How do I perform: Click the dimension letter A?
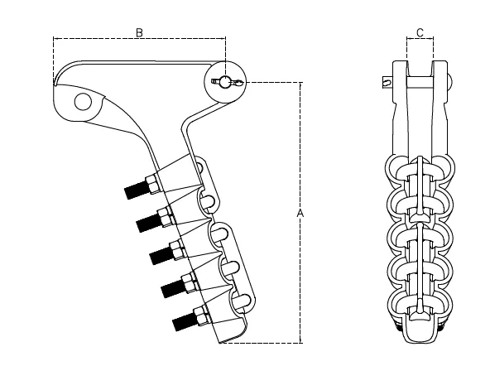(300, 214)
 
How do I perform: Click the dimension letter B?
(140, 31)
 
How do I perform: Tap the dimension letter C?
(420, 31)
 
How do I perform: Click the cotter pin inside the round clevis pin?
(226, 81)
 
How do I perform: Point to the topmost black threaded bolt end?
(134, 190)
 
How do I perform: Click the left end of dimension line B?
(54, 38)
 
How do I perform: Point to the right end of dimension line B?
(225, 38)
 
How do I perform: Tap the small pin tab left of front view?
(387, 81)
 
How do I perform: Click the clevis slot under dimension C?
(420, 58)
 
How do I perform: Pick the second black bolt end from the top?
(146, 222)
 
